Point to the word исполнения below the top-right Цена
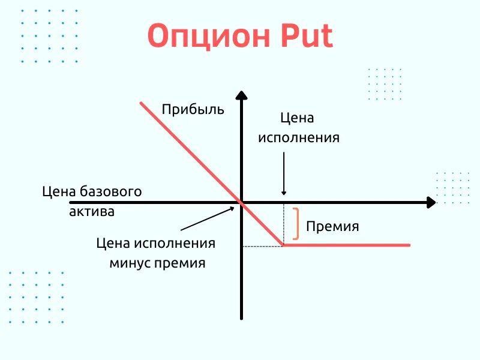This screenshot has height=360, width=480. point(299,137)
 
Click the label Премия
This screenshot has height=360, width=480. point(332,227)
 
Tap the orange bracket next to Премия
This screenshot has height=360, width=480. point(296,224)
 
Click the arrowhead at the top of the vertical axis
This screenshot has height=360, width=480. point(241,97)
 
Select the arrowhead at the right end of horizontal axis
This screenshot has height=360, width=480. point(430,203)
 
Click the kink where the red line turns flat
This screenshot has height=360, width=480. point(283,245)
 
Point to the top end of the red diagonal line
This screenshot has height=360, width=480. point(142,103)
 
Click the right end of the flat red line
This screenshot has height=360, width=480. point(409,245)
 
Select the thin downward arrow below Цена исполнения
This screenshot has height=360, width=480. point(284,174)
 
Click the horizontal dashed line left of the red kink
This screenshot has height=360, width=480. point(262,246)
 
